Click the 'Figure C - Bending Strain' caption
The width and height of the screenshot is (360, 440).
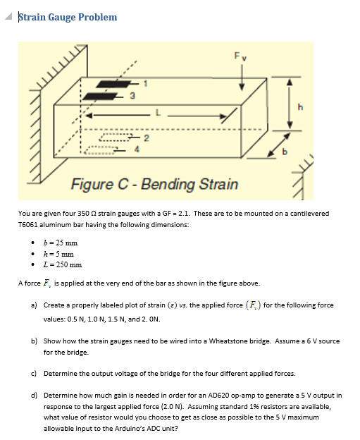click(154, 185)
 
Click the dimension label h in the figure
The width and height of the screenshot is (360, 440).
click(302, 108)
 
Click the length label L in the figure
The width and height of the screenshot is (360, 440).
click(158, 111)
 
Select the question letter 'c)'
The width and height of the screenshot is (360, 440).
click(35, 373)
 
